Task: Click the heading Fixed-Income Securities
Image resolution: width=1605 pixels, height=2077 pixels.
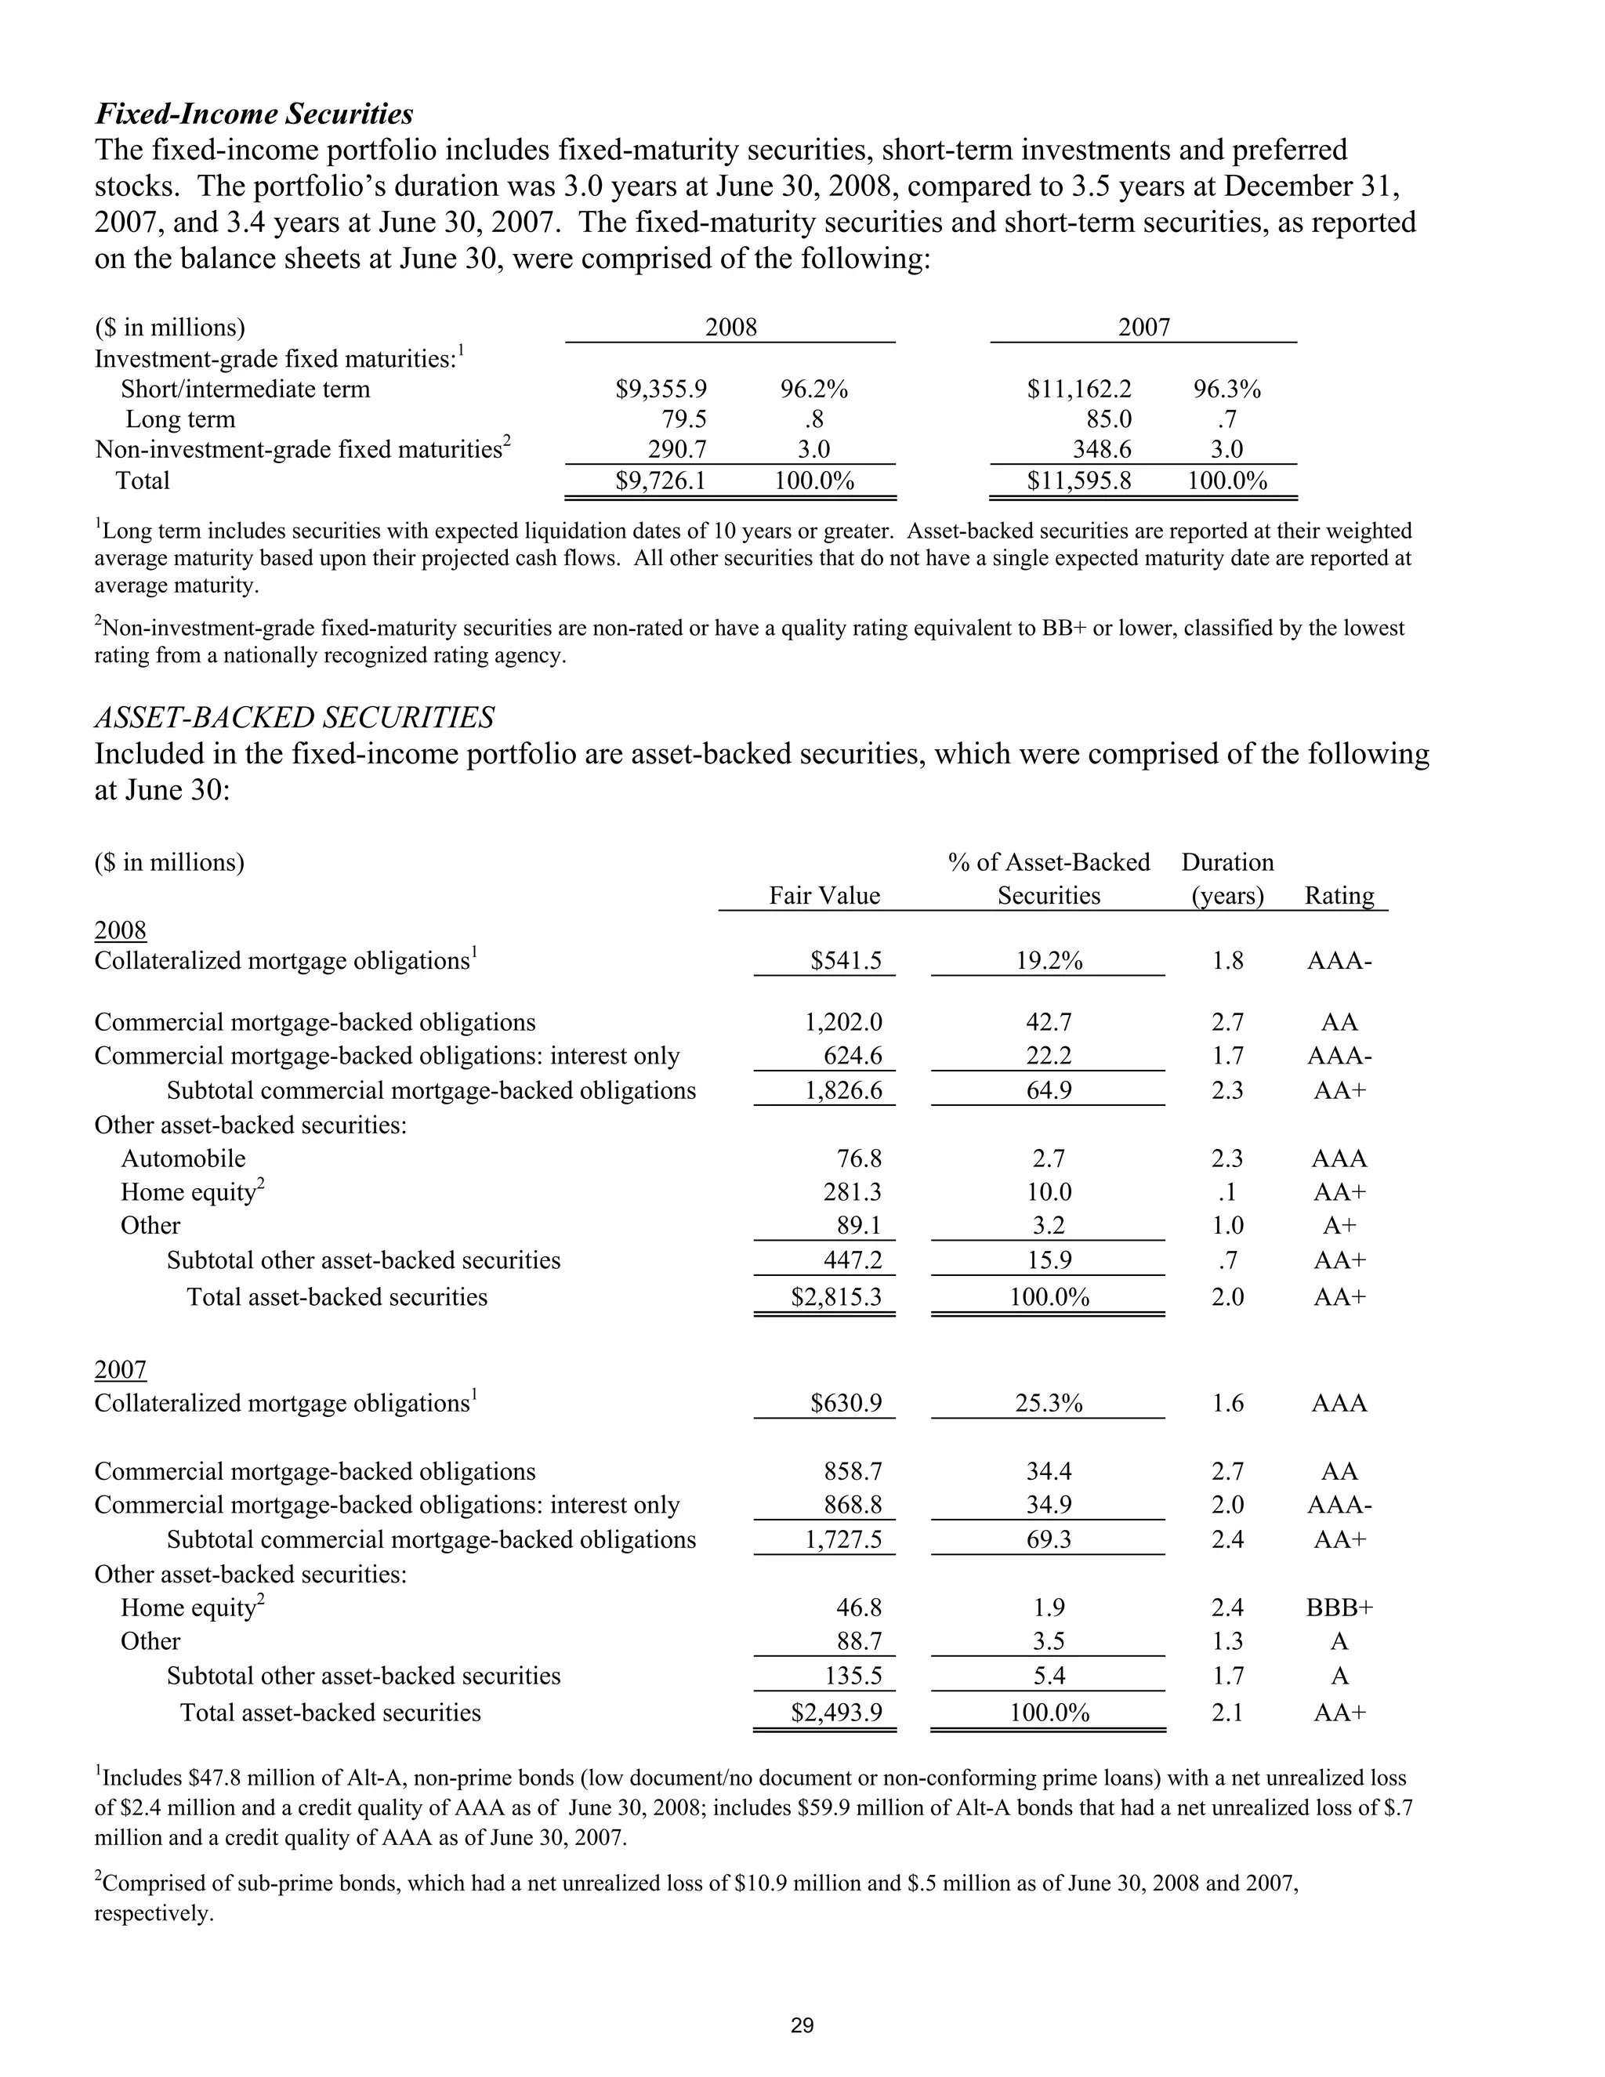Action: pos(254,114)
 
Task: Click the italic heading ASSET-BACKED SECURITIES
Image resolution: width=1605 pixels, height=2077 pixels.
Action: pos(294,717)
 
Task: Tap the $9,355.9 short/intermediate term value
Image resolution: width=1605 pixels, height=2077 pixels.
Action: pos(661,389)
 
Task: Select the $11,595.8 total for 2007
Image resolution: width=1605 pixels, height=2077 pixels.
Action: pos(1078,480)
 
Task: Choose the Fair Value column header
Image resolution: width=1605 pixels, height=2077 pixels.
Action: pos(824,895)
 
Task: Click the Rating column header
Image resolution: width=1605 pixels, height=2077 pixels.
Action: pos(1338,895)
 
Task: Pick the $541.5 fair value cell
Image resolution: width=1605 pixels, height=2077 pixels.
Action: pos(846,961)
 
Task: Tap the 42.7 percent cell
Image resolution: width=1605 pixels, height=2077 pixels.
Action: pos(1048,1022)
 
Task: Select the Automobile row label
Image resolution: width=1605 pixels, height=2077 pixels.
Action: pos(183,1158)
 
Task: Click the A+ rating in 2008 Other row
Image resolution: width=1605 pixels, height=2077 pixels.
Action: pos(1338,1226)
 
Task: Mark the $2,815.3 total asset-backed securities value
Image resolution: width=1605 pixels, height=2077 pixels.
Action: pos(835,1297)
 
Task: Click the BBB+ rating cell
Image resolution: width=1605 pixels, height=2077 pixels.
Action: pos(1339,1608)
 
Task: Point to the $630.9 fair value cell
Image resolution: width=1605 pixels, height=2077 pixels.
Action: pos(846,1404)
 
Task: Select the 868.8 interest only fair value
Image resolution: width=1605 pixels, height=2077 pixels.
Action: pos(852,1506)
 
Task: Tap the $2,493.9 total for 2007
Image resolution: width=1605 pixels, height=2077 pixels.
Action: pos(835,1713)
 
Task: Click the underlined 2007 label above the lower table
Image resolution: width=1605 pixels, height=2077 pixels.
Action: pos(121,1369)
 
